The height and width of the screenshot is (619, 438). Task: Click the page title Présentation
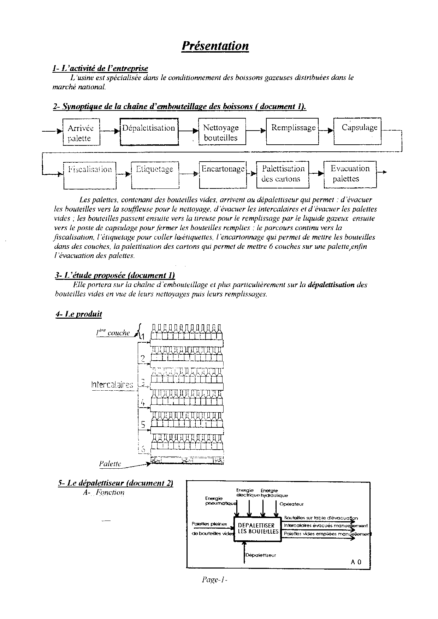215,46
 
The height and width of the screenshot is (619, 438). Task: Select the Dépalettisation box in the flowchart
149,132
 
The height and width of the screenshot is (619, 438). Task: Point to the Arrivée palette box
81,132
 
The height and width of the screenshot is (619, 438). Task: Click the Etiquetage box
155,175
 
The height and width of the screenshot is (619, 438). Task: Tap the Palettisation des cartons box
283,174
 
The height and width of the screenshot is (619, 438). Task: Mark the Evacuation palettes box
350,174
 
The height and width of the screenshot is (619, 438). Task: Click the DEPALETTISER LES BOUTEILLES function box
256,528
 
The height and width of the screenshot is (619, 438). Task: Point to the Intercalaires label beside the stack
112,384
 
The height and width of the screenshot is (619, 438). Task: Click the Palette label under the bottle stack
110,464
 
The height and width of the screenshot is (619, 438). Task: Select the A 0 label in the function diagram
356,562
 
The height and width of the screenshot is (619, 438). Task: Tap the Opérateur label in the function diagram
291,504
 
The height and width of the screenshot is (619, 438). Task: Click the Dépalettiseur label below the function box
260,555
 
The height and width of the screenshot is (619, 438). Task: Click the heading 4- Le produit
78,314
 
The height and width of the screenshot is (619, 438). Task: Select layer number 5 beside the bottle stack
143,425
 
